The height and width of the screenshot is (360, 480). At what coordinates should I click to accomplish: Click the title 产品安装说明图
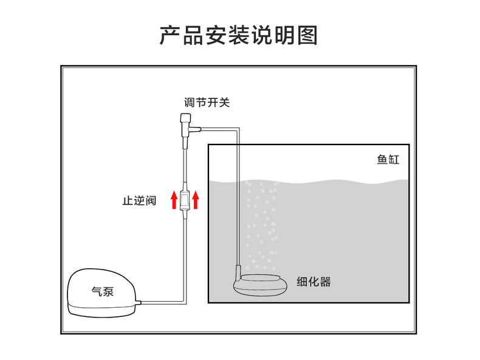point(239,35)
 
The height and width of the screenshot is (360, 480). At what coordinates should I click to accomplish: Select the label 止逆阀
point(139,200)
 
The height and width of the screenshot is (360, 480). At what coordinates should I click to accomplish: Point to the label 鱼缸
point(388,160)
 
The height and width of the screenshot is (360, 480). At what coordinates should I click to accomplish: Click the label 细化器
point(314,282)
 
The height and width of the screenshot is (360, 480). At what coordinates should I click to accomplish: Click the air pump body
point(101,294)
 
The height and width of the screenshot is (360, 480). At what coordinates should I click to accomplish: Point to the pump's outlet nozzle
point(139,302)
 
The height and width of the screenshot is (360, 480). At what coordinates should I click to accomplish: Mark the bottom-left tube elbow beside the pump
point(184,301)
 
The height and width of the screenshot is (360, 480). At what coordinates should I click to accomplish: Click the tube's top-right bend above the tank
point(239,129)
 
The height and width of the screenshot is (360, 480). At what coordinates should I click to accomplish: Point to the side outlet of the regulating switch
point(196,129)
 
